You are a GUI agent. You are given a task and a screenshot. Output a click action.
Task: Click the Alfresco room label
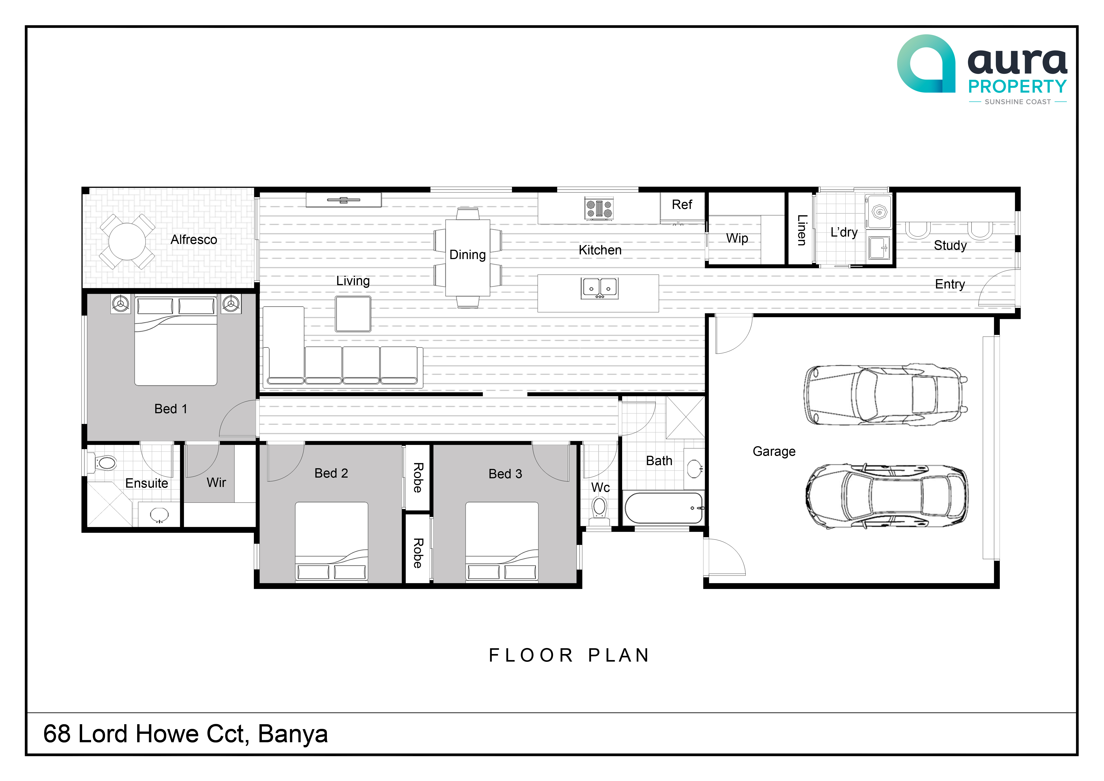(x=194, y=239)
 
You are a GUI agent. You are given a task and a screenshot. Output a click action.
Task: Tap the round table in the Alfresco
(x=127, y=241)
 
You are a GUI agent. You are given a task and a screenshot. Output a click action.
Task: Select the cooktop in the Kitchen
(x=599, y=209)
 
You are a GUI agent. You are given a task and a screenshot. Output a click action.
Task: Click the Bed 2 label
(x=331, y=473)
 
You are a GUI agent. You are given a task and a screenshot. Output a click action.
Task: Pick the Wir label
(x=216, y=482)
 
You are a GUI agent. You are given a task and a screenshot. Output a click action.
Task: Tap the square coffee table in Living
(x=353, y=314)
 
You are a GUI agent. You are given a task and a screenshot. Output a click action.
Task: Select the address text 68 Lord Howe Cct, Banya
(x=186, y=734)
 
